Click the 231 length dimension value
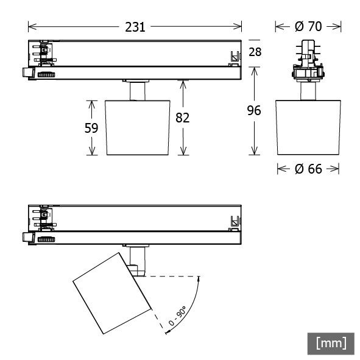pyautogui.click(x=135, y=27)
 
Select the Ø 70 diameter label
pyautogui.click(x=308, y=27)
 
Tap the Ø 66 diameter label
pyautogui.click(x=308, y=169)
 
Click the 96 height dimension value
pyautogui.click(x=254, y=110)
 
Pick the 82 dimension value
pyautogui.click(x=182, y=118)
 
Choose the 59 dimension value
pyautogui.click(x=91, y=128)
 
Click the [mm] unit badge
pyautogui.click(x=331, y=343)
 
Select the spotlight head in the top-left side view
pyautogui.click(x=137, y=127)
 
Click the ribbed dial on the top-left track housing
pyautogui.click(x=46, y=74)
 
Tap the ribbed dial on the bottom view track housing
pyautogui.click(x=46, y=241)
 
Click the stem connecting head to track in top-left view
pyautogui.click(x=138, y=90)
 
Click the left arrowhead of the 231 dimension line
pyautogui.click(x=30, y=27)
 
